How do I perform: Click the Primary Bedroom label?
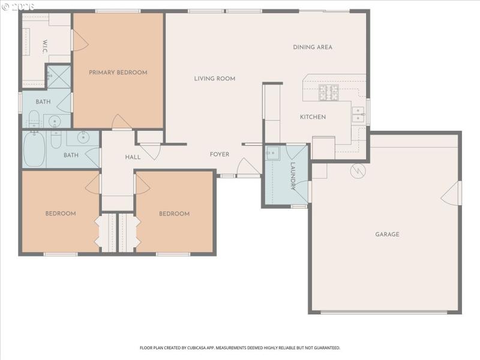click(118, 73)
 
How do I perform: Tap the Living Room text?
click(215, 79)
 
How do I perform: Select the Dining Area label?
click(313, 47)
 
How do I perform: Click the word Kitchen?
click(313, 117)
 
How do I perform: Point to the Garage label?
click(387, 235)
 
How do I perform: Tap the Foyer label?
click(220, 155)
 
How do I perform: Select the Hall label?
click(133, 157)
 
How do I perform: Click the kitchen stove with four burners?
click(328, 92)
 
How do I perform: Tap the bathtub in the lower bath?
click(34, 149)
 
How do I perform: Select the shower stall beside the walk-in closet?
click(59, 77)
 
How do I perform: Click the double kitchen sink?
click(358, 114)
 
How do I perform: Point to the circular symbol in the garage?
click(358, 170)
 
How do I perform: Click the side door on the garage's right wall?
click(453, 193)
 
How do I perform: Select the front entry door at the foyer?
click(248, 169)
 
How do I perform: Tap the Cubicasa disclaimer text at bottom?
click(240, 347)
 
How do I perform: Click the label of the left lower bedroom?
click(61, 214)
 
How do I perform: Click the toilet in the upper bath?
click(34, 118)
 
